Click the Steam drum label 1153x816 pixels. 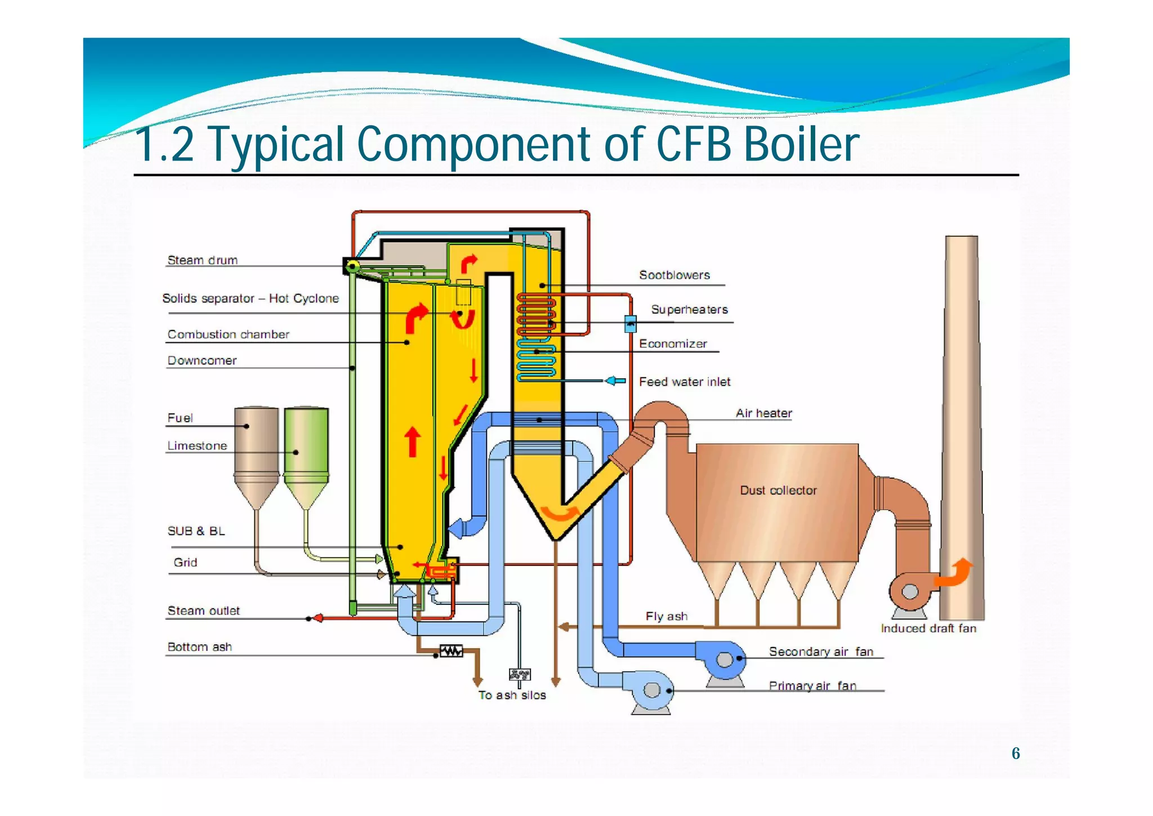pos(203,260)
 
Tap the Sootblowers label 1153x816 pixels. pos(674,275)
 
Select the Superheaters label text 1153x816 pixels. pos(689,309)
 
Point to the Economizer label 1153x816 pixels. pos(673,344)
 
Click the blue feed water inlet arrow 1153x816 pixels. pos(615,381)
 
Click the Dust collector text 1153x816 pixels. pos(778,490)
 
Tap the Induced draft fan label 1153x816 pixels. pos(928,628)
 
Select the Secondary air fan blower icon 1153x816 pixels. pos(725,658)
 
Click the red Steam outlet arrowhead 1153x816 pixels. pos(318,618)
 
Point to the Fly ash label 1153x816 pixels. pos(667,616)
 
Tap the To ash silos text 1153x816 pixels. pos(512,695)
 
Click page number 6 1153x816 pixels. pos(1016,753)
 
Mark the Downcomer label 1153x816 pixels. pos(202,360)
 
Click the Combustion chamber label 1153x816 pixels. pos(228,334)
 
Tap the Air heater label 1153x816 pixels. pos(763,413)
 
